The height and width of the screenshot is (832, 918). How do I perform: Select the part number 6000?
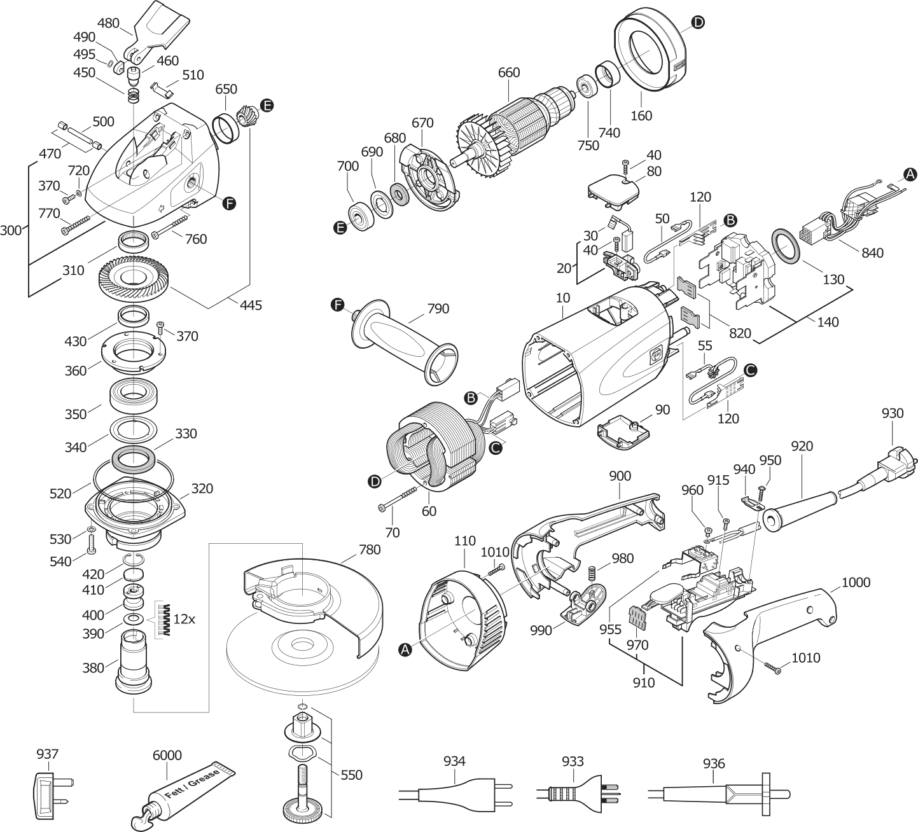pos(167,755)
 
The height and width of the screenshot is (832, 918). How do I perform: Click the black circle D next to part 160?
pos(698,23)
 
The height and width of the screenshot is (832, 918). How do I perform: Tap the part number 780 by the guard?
pos(370,549)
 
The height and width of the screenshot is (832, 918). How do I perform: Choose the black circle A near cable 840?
pos(910,173)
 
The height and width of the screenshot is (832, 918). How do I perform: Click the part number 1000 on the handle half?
pos(856,582)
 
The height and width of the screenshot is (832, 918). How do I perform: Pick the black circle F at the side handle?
pos(338,306)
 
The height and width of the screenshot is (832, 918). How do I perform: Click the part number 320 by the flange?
pos(202,489)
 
